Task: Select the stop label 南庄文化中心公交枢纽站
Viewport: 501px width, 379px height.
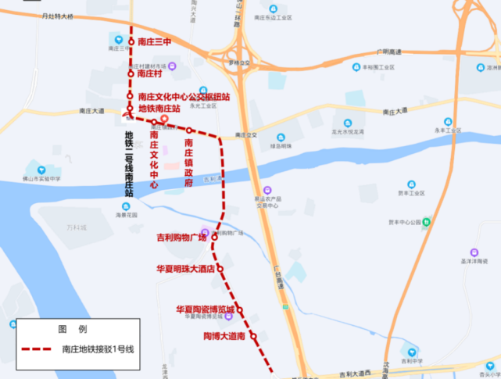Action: (184, 97)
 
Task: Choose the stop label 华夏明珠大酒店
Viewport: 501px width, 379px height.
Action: (184, 269)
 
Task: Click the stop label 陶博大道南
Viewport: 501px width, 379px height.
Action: (219, 336)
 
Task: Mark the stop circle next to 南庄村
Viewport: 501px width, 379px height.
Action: (131, 73)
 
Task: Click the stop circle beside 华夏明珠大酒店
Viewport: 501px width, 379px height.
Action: (220, 269)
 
